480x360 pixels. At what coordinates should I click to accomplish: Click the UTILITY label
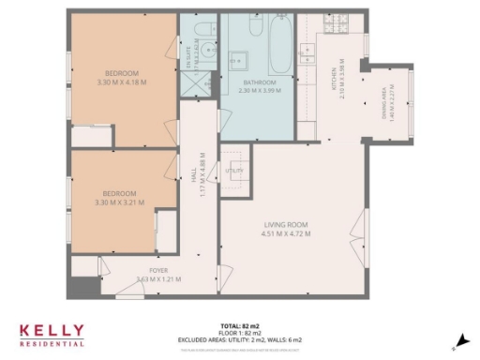click(234, 172)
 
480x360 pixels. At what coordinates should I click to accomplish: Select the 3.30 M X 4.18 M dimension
click(122, 82)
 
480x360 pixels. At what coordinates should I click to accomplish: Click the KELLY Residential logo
click(52, 334)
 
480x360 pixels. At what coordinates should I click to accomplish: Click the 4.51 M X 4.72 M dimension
click(286, 233)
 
